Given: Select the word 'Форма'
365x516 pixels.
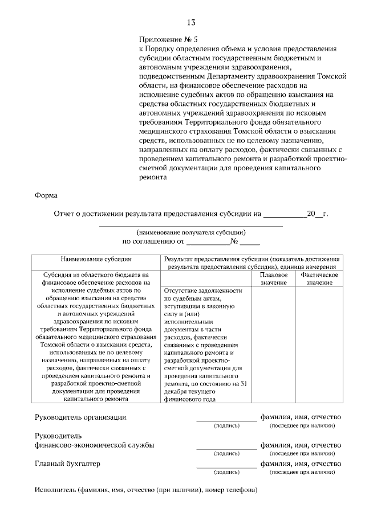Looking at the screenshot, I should click(46, 195).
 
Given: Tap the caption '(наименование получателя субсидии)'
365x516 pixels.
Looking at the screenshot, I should click(191, 232).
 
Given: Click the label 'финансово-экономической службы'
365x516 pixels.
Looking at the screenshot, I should click(94, 445).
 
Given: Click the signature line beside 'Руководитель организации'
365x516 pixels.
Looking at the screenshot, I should click(226, 420).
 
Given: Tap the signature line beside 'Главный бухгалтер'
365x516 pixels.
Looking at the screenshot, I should click(226, 466).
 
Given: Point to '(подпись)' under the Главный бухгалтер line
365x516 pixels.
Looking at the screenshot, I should click(226, 472).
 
